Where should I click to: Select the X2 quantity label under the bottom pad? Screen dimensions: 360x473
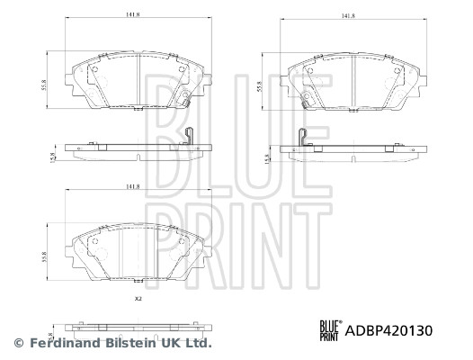coord(138,298)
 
